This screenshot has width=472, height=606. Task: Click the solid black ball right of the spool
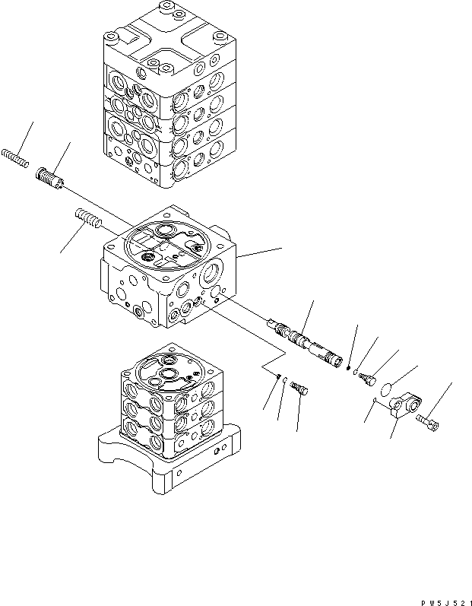(347, 370)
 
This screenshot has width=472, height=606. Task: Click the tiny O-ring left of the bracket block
(375, 401)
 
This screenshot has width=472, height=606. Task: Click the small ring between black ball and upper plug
(355, 373)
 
